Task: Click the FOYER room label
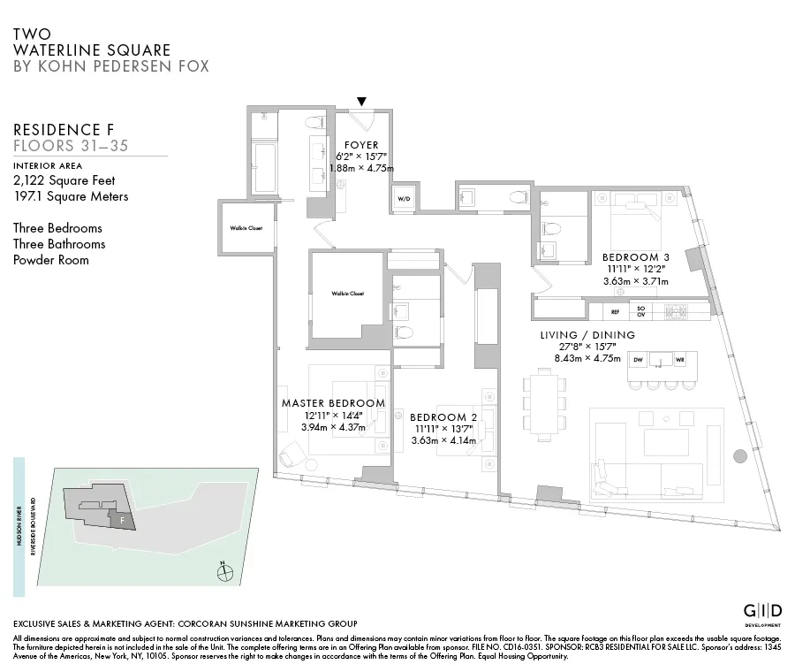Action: pos(360,145)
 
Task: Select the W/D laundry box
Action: pos(404,199)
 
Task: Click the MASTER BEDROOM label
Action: pos(333,403)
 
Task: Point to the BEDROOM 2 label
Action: pos(443,417)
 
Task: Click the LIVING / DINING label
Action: pos(587,334)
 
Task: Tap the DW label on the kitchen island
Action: pos(639,360)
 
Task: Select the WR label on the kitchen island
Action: pos(679,360)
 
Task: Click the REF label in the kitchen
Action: pos(615,311)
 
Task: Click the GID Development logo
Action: pos(761,614)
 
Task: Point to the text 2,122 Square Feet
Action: pos(64,180)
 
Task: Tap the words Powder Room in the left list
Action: pos(50,260)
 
